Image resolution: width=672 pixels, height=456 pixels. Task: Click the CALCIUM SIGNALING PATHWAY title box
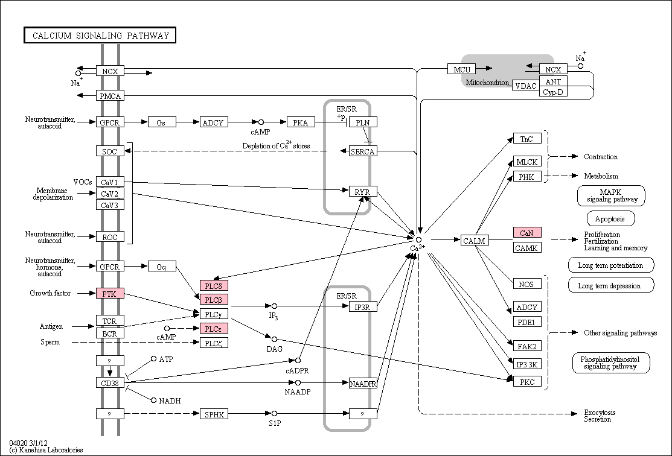tap(100, 35)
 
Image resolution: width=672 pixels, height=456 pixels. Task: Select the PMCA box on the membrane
tap(110, 96)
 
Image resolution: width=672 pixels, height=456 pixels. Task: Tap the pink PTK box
tap(110, 293)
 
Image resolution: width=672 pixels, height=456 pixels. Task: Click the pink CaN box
tap(527, 232)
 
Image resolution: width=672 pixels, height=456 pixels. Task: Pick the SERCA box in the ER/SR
tap(363, 151)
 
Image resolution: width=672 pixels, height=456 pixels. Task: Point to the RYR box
tap(363, 191)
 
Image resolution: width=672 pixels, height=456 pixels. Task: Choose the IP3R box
tap(363, 306)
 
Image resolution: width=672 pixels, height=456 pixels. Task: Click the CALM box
tap(475, 240)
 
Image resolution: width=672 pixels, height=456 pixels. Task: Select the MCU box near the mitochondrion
tap(462, 69)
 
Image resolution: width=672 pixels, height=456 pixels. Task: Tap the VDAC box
tap(526, 85)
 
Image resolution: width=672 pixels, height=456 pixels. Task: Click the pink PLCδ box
tap(214, 285)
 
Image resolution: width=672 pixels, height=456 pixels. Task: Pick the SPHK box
tap(214, 414)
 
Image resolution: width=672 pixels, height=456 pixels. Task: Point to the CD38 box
tap(110, 382)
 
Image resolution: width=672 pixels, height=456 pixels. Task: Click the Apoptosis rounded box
tap(610, 219)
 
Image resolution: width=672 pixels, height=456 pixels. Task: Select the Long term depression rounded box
tap(610, 285)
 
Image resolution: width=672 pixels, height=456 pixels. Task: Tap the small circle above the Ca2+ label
tap(418, 240)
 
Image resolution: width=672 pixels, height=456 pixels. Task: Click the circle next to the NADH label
tap(153, 400)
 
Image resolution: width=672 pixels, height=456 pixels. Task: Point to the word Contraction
tap(600, 157)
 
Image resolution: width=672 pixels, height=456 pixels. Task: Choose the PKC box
tap(527, 381)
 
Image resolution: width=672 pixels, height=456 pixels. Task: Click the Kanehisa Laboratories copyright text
tap(46, 449)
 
